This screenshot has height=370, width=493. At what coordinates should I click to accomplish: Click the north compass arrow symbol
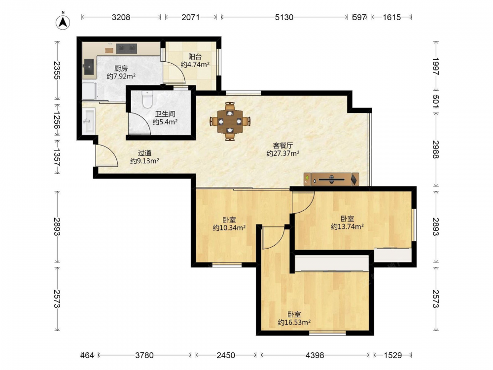(x=63, y=22)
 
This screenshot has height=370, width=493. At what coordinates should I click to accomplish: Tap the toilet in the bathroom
(x=147, y=99)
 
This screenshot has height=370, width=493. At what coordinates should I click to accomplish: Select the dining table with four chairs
(x=230, y=121)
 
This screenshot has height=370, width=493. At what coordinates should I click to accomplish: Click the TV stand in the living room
(x=331, y=180)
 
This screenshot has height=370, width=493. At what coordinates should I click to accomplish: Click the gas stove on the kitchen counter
(x=127, y=48)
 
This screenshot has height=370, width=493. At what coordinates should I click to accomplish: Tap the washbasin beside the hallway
(x=88, y=121)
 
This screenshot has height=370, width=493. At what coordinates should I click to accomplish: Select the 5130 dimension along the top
(x=284, y=17)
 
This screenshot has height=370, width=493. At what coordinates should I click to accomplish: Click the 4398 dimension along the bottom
(x=315, y=355)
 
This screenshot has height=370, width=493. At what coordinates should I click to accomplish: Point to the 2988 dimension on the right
(x=435, y=149)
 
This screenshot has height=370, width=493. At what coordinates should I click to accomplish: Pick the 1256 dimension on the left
(x=57, y=121)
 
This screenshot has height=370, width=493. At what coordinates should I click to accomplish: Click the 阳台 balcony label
(x=195, y=57)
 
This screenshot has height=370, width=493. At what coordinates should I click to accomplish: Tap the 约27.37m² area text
(x=283, y=153)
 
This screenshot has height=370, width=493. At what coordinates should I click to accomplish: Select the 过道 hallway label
(x=144, y=153)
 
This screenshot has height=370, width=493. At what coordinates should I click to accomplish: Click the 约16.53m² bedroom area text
(x=294, y=322)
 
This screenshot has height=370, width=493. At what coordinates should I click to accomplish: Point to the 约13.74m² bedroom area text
(x=348, y=226)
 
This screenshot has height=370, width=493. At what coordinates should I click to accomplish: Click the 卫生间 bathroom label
(x=165, y=114)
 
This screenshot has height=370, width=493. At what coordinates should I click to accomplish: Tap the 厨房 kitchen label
(x=121, y=68)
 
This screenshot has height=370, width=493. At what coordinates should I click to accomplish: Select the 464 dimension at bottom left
(x=87, y=355)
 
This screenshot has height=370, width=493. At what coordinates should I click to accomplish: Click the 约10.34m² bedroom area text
(x=229, y=227)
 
